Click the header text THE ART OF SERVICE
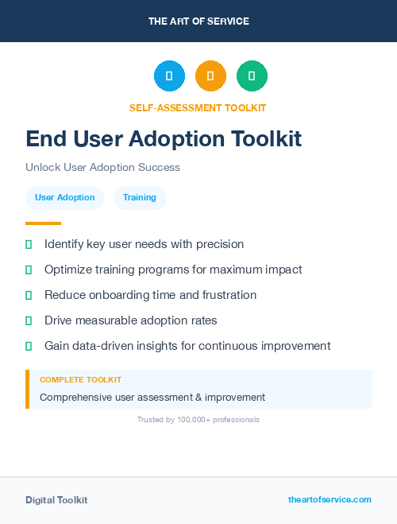point(198,21)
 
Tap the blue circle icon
point(169,76)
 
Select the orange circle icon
point(210,76)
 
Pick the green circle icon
point(252,76)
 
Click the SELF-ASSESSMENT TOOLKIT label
point(198,107)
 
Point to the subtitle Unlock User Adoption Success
point(102,168)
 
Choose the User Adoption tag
point(65,197)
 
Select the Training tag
point(140,197)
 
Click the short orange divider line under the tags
point(43,223)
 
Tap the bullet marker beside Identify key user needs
point(29,244)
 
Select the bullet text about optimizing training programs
point(173,270)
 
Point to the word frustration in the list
point(226,295)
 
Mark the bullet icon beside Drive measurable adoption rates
point(29,320)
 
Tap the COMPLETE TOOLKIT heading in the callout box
point(80,380)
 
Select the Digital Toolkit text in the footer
point(56,500)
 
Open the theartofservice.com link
point(330,499)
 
